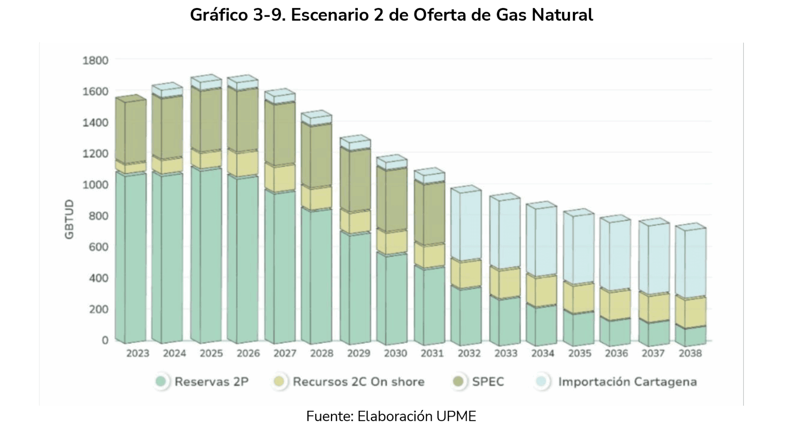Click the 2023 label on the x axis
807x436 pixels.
138,353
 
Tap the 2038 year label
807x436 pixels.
690,353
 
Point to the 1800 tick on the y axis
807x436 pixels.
95,60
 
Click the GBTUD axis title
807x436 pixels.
69,219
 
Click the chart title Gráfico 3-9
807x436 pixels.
391,15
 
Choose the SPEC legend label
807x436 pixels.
488,382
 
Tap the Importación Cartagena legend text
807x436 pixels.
627,382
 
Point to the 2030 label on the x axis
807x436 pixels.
396,353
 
